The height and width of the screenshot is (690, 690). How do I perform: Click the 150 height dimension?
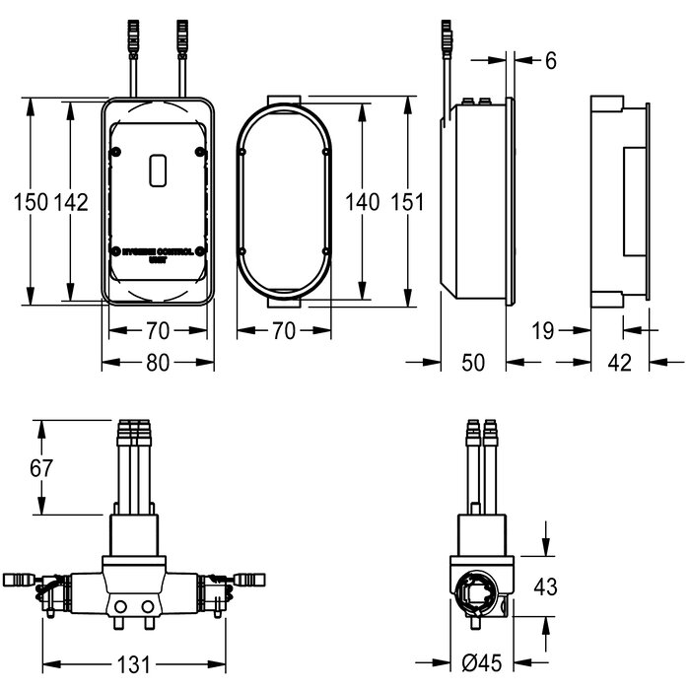pos(31,202)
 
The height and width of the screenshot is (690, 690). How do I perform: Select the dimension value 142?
pos(71,202)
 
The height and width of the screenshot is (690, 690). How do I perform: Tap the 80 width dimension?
pos(157,362)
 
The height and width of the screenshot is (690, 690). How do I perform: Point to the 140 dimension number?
pos(363,202)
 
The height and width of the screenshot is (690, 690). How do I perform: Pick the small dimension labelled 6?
pos(550,61)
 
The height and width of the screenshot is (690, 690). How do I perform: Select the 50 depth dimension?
pos(473,362)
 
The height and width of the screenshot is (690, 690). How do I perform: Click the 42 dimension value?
pos(618,362)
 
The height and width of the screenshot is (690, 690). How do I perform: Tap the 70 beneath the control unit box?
pos(157,329)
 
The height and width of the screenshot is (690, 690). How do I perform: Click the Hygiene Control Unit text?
pos(159,254)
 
